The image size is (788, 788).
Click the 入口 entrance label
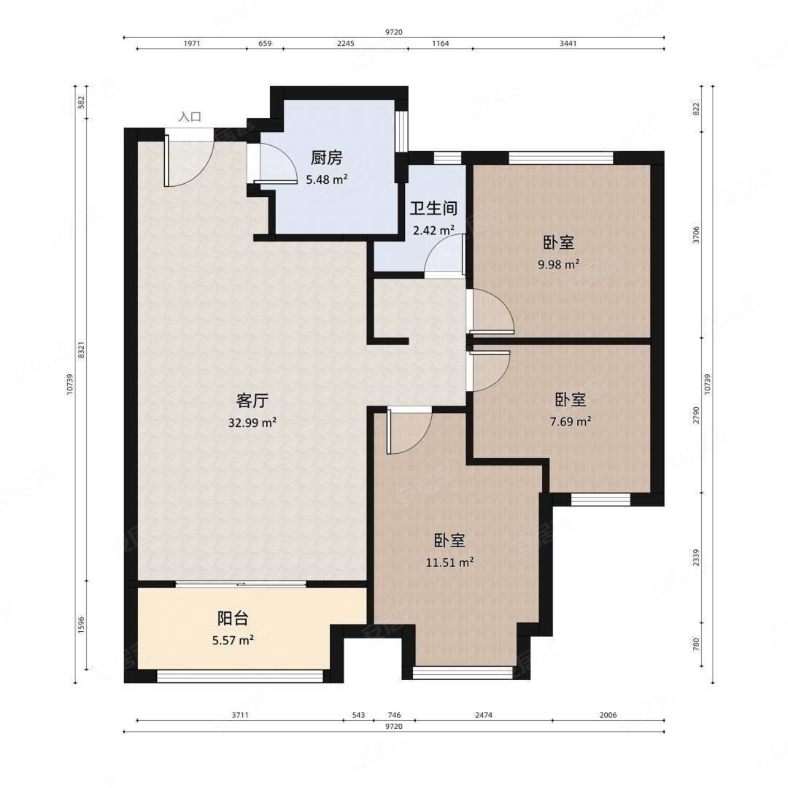pyautogui.click(x=190, y=117)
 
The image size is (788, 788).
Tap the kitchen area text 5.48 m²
pyautogui.click(x=327, y=179)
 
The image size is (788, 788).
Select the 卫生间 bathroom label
pyautogui.click(x=433, y=208)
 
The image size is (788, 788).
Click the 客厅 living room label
pyautogui.click(x=252, y=401)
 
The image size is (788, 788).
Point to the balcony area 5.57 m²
pyautogui.click(x=233, y=641)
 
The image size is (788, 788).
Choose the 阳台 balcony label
pyautogui.click(x=233, y=618)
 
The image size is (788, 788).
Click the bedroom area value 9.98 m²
pyautogui.click(x=559, y=264)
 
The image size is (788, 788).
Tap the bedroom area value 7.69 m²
pyautogui.click(x=571, y=421)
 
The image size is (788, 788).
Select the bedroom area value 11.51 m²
pyautogui.click(x=449, y=563)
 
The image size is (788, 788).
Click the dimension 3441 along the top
pyautogui.click(x=568, y=43)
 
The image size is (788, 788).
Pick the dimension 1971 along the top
pyautogui.click(x=191, y=43)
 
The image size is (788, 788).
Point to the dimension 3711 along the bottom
pyautogui.click(x=240, y=714)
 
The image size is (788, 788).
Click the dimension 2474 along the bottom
pyautogui.click(x=484, y=714)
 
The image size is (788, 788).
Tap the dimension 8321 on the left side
pyautogui.click(x=82, y=349)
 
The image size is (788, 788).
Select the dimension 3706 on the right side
pyautogui.click(x=696, y=235)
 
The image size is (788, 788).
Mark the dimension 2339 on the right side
pyautogui.click(x=696, y=558)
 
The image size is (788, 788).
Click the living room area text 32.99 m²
pyautogui.click(x=252, y=422)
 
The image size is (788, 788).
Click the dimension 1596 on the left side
pyautogui.click(x=82, y=625)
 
